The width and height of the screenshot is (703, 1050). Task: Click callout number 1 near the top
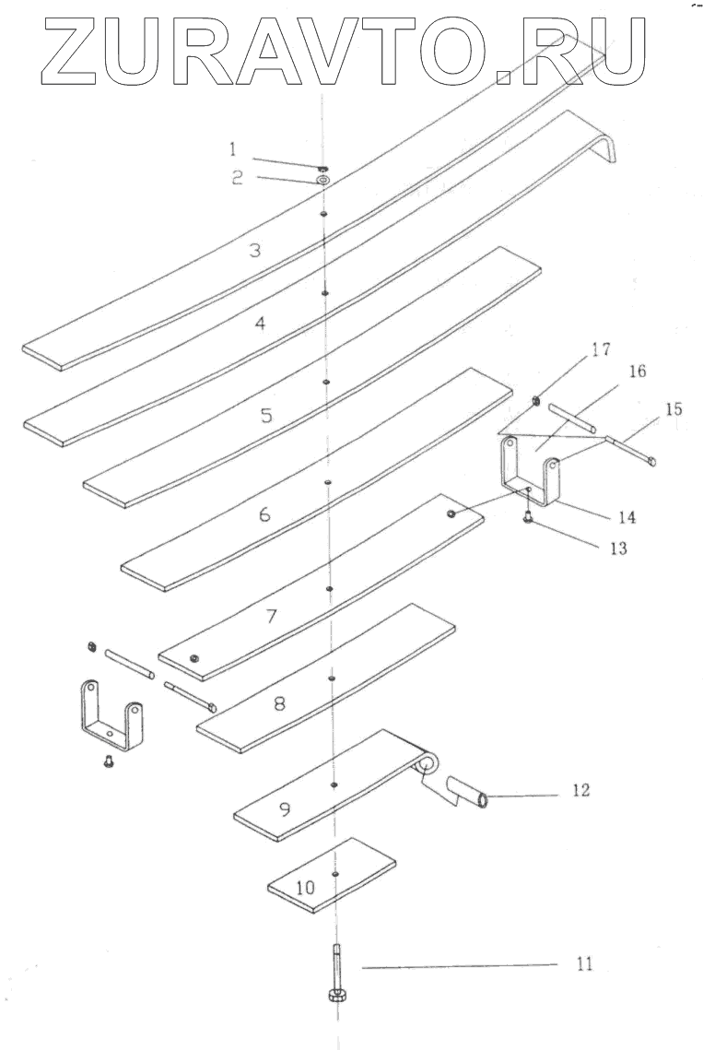point(233,147)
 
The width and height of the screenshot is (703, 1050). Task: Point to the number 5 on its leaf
point(266,415)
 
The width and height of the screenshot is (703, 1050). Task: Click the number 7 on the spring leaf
point(271,617)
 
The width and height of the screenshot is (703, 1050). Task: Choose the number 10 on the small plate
point(306,888)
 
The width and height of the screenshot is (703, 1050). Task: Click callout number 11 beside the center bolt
point(584,964)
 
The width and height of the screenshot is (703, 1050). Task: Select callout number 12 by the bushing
point(580,790)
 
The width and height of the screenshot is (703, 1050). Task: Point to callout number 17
point(602,349)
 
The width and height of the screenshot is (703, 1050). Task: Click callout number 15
point(674,408)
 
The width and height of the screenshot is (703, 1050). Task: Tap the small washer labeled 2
point(323,179)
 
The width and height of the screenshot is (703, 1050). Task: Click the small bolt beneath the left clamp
point(108,761)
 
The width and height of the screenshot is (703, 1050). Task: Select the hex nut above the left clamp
point(92,645)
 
